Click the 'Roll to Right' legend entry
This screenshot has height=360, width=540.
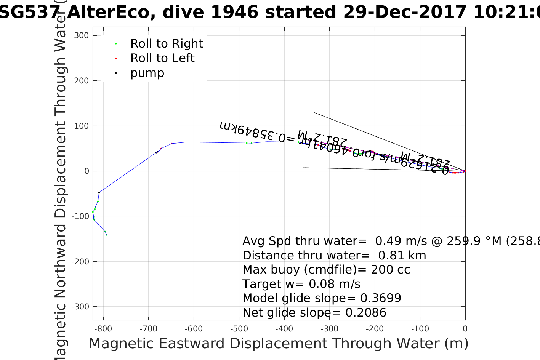click(x=166, y=44)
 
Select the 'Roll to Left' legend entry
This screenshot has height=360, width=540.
click(x=162, y=58)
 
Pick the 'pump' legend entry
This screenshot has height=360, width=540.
click(x=147, y=73)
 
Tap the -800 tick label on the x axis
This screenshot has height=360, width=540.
click(x=103, y=329)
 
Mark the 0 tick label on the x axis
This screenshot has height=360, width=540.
click(x=465, y=329)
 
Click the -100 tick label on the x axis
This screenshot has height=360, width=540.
click(x=420, y=329)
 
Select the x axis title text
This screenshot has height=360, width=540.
click(x=278, y=344)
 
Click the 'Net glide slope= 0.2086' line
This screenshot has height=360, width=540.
click(x=314, y=313)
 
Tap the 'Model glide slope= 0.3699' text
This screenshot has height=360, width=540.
click(x=322, y=298)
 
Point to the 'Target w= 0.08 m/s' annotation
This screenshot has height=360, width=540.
click(x=301, y=284)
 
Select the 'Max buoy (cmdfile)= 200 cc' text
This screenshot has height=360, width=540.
click(x=326, y=270)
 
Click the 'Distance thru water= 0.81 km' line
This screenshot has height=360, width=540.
click(x=334, y=256)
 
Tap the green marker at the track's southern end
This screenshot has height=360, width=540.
click(x=106, y=235)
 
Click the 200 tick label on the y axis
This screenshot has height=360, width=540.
click(x=81, y=81)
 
